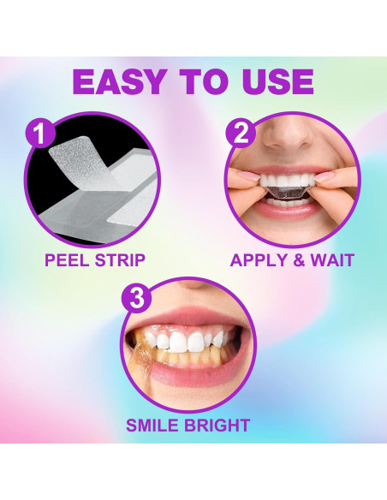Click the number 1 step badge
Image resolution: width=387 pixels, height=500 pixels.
tap(39, 134)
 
